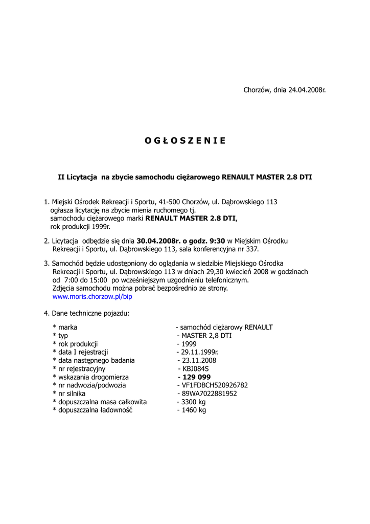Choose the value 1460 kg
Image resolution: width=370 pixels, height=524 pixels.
click(194, 410)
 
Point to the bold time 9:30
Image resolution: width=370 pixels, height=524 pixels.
click(216, 241)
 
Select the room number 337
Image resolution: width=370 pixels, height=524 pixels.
click(252, 249)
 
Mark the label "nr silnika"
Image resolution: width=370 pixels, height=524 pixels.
click(72, 394)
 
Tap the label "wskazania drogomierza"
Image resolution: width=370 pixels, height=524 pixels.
click(94, 377)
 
